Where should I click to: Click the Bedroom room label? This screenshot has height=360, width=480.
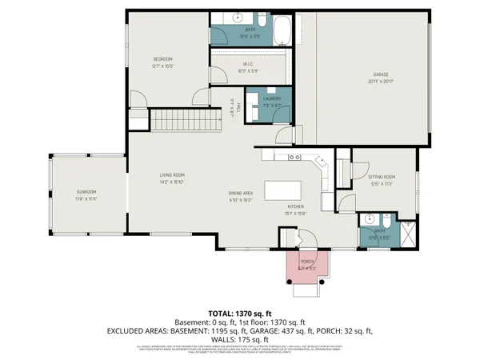pyautogui.click(x=163, y=59)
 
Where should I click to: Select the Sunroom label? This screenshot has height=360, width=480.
pyautogui.click(x=86, y=192)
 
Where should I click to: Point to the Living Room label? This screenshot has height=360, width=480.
pyautogui.click(x=173, y=175)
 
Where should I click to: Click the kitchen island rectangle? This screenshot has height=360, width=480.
pyautogui.click(x=285, y=192)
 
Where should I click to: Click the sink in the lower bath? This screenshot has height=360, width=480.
pyautogui.click(x=369, y=220)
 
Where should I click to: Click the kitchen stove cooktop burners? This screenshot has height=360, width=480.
pyautogui.click(x=294, y=158)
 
